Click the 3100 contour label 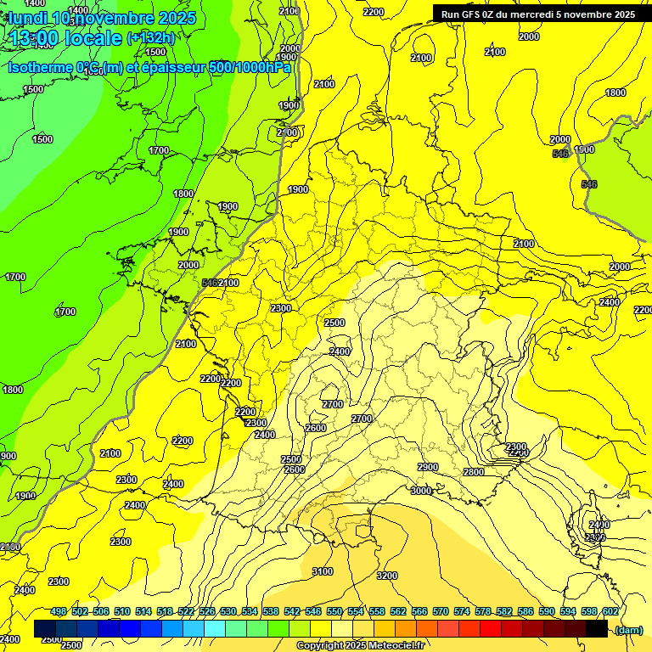[x=323, y=571]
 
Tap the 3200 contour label [x=386, y=576]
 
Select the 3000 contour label [x=421, y=491]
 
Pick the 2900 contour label [x=428, y=467]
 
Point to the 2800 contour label [x=473, y=472]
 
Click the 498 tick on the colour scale [x=59, y=612]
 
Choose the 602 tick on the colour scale [x=610, y=612]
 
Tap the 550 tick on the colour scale [x=334, y=612]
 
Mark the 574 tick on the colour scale [x=462, y=612]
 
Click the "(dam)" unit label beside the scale [x=628, y=629]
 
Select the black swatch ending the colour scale [x=597, y=629]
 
